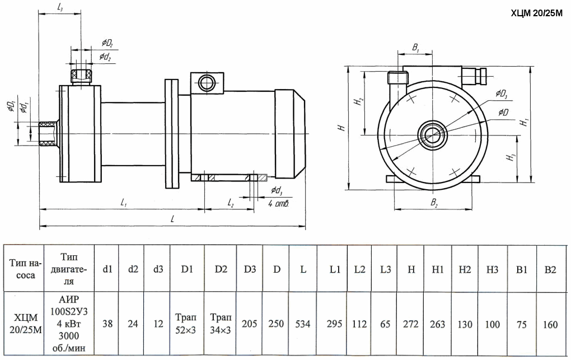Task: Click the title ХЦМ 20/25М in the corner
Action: [x=537, y=14]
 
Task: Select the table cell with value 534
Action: [x=303, y=324]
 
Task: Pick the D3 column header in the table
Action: [x=250, y=270]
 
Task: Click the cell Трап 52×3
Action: [x=186, y=324]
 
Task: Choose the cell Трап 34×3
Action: [x=221, y=324]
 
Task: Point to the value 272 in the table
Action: [x=411, y=324]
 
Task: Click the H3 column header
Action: [x=492, y=270]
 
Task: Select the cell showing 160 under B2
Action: [x=550, y=324]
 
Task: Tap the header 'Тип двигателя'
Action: [x=69, y=269]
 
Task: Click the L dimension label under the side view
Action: [x=172, y=219]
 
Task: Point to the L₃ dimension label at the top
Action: [x=60, y=7]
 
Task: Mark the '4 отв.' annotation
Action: [x=279, y=203]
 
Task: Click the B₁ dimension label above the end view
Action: [x=416, y=48]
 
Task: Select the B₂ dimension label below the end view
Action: [x=434, y=203]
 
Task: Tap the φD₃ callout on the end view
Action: [x=501, y=94]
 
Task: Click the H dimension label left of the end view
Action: [x=341, y=128]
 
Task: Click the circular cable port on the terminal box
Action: [x=207, y=83]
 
